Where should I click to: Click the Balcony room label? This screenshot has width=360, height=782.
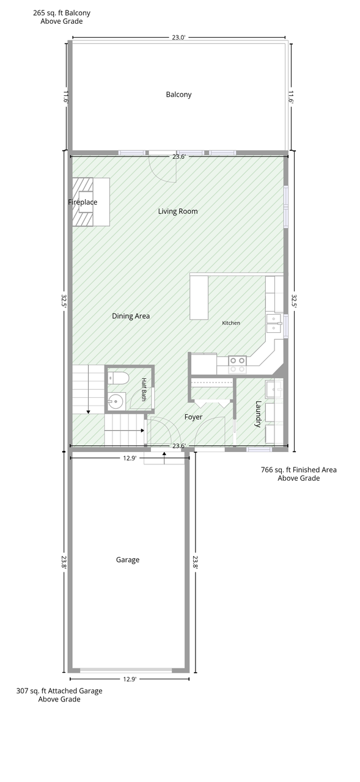pyautogui.click(x=178, y=95)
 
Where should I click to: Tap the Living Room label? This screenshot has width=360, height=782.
pyautogui.click(x=178, y=211)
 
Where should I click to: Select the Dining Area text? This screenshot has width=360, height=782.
pyautogui.click(x=131, y=316)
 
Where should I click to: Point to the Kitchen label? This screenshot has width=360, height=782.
pyautogui.click(x=231, y=323)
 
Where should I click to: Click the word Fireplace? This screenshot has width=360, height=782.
pyautogui.click(x=83, y=202)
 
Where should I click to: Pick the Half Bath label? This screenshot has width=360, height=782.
pyautogui.click(x=144, y=390)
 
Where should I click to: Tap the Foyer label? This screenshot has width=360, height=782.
pyautogui.click(x=193, y=417)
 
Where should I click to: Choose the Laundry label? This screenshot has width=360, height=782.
pyautogui.click(x=258, y=414)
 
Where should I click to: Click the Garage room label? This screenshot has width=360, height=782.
pyautogui.click(x=128, y=560)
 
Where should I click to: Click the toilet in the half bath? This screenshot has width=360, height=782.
pyautogui.click(x=119, y=378)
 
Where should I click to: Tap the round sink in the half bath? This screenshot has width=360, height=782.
pyautogui.click(x=117, y=401)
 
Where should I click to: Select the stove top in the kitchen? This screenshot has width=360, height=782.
pyautogui.click(x=237, y=365)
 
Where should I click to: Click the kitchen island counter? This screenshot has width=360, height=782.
pyautogui.click(x=199, y=297)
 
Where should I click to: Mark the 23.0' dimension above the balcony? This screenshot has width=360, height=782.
pyautogui.click(x=178, y=37)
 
